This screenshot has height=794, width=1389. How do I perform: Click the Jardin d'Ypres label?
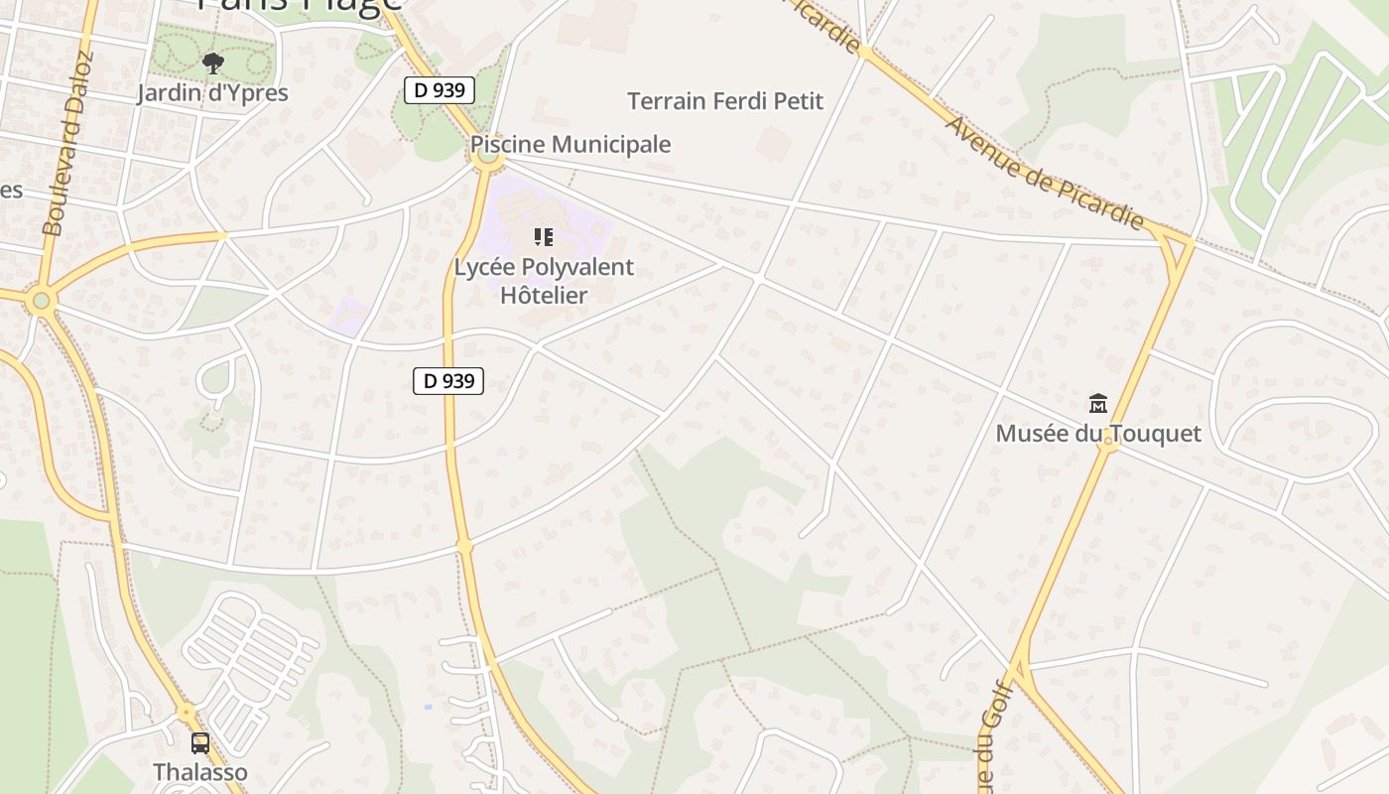[212, 93]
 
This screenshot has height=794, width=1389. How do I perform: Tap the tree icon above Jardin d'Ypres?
[212, 65]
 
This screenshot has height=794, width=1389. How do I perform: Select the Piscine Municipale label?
[570, 144]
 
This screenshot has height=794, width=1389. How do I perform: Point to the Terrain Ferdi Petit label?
[725, 100]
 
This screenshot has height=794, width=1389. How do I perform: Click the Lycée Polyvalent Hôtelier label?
[544, 281]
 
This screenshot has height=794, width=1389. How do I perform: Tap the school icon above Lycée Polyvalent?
[543, 237]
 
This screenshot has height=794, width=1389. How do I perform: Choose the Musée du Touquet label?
[1098, 434]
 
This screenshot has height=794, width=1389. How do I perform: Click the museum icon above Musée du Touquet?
[1098, 404]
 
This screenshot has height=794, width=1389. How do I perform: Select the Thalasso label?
[200, 771]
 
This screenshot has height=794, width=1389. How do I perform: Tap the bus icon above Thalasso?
[200, 742]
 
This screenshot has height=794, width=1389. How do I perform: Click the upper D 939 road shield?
[440, 90]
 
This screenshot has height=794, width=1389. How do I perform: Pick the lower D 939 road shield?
[448, 380]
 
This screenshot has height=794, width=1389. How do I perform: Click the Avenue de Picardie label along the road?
[1045, 173]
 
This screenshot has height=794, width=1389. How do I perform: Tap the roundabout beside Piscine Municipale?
[487, 155]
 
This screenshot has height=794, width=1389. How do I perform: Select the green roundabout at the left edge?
[41, 300]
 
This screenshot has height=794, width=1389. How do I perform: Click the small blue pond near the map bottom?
[427, 707]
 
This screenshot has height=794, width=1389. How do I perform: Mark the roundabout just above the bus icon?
[187, 713]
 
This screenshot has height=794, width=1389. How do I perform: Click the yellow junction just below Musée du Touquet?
[1107, 446]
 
